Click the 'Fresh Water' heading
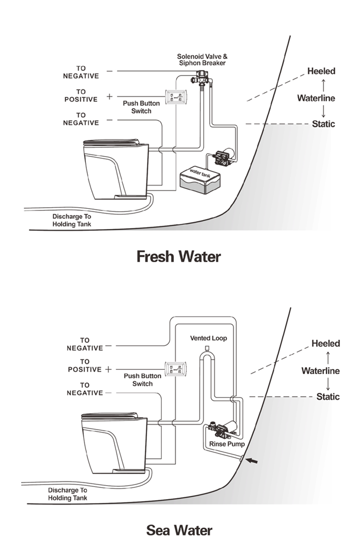pos(179,257)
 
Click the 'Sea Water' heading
pos(179,530)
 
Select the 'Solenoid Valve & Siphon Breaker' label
pos(202,60)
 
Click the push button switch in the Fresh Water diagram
pos(172,96)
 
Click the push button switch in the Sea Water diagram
pos(172,368)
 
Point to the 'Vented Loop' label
pos(208,338)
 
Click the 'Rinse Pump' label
pos(227,444)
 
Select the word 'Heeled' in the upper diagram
pos(321,71)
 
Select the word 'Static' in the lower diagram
pos(328,397)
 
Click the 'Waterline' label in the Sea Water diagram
pos(320,371)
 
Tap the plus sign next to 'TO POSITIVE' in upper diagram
pos(109,96)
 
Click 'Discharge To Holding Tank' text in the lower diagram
pos(67,494)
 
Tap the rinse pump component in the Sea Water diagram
pos(224,431)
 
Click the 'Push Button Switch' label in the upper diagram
pos(141,107)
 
